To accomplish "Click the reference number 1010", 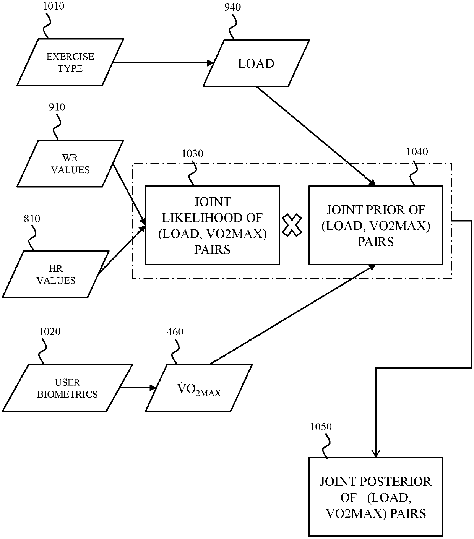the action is [x=54, y=6].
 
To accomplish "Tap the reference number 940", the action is [x=232, y=7].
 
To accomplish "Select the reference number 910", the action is [x=57, y=107].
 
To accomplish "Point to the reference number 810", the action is [x=32, y=219].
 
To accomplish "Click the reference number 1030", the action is [x=192, y=154].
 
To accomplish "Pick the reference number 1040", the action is [x=417, y=152].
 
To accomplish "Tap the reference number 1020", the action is [x=50, y=331].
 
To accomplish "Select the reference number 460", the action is [x=175, y=332].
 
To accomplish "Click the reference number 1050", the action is [x=321, y=427].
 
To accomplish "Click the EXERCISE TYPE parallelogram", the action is [x=70, y=62].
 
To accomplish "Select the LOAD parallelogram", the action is [x=256, y=63].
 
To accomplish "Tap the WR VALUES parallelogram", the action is [x=70, y=164].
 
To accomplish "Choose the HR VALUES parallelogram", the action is [x=55, y=274].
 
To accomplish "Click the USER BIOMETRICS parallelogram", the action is [x=67, y=388].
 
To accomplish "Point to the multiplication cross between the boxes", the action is [x=292, y=225].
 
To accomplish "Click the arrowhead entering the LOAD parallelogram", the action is [x=210, y=63].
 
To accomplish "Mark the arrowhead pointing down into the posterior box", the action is [x=376, y=453].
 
